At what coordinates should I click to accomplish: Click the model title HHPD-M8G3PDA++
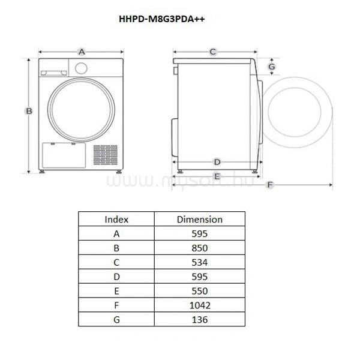162,19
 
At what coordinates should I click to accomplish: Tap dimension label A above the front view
82,52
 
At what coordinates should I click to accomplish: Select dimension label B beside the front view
29,111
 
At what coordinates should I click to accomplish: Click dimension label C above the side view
213,52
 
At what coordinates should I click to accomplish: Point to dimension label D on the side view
217,162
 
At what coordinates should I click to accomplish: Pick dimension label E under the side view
217,176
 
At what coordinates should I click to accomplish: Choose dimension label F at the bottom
270,185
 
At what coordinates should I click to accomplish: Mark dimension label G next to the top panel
272,67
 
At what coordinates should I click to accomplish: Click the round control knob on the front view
81,68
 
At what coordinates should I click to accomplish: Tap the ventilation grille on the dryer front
106,155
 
